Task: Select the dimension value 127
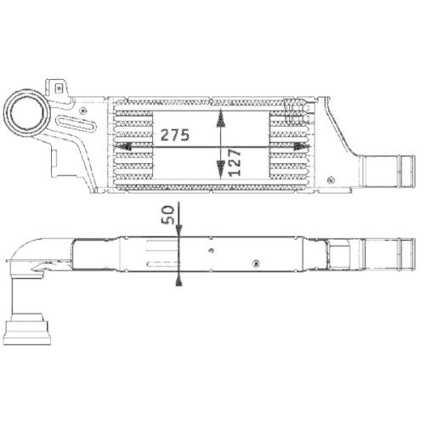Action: click(232, 159)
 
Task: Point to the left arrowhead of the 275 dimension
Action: click(126, 146)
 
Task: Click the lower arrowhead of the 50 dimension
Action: click(179, 277)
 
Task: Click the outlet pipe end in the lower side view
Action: click(387, 252)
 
